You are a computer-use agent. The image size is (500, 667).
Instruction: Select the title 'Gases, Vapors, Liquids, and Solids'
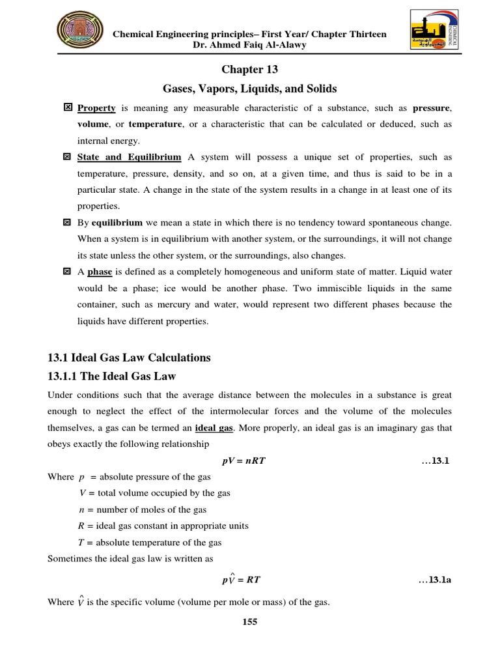(x=250, y=88)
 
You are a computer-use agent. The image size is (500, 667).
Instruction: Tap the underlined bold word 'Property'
(x=96, y=107)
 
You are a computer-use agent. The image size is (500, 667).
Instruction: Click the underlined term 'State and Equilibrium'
(x=129, y=157)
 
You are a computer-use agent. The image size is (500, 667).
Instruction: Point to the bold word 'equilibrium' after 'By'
(x=117, y=223)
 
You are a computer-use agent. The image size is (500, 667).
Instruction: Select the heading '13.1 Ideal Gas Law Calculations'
(x=130, y=358)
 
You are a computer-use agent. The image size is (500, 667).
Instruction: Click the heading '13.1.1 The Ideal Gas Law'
(x=112, y=376)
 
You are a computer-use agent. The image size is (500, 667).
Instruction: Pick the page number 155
(x=250, y=622)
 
